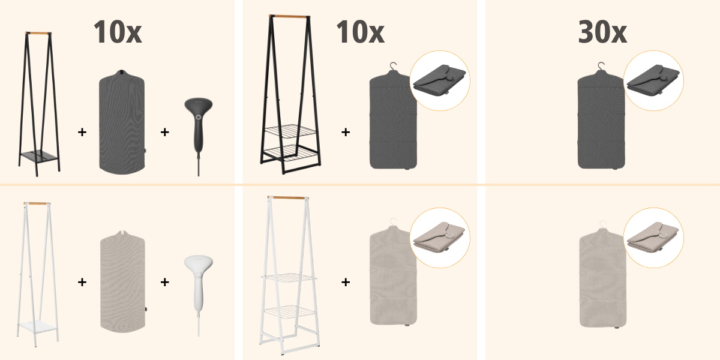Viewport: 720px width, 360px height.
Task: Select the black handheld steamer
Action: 199,128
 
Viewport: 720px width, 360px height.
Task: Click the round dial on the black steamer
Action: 199,118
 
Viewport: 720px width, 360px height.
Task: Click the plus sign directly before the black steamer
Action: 164,132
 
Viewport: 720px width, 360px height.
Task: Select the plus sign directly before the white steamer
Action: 164,282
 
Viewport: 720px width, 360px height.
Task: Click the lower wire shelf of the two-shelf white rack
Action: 289,311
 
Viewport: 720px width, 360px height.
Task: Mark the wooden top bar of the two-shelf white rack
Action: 288,197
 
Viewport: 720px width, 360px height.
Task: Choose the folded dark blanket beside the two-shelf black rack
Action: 439,80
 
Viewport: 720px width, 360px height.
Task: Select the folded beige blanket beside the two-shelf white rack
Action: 439,237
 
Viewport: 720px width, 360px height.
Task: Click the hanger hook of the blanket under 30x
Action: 601,67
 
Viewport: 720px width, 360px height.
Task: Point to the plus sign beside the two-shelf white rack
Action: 346,282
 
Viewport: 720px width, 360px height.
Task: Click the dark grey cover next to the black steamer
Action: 122,122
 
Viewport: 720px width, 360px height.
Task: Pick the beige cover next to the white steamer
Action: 122,281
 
